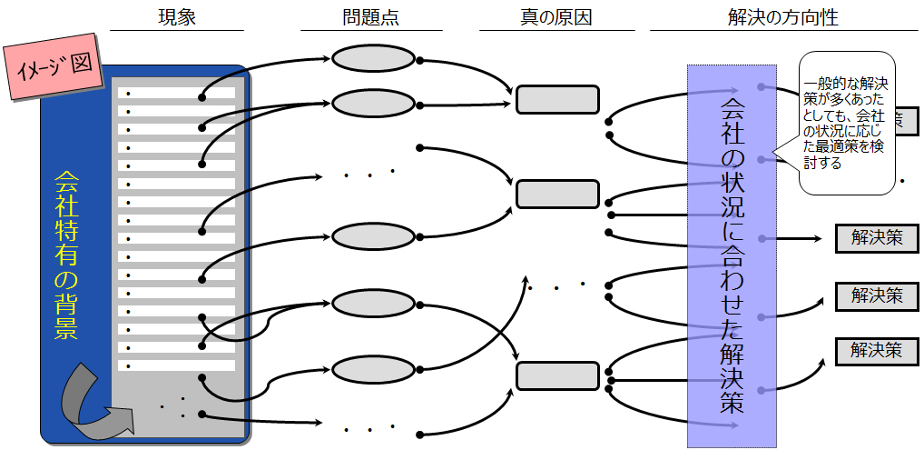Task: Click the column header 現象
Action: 176,16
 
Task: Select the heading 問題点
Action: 370,16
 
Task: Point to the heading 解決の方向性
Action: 769,16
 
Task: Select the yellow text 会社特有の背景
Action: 65,255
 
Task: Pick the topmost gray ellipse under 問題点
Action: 372,58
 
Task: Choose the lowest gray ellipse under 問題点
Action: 372,369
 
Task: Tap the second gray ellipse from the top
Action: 372,101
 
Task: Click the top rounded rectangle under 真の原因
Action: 557,99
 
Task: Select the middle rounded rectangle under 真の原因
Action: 557,194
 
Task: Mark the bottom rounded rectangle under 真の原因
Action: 557,375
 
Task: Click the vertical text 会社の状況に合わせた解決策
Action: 732,255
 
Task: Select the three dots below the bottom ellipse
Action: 370,427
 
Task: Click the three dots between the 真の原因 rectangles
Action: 555,287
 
